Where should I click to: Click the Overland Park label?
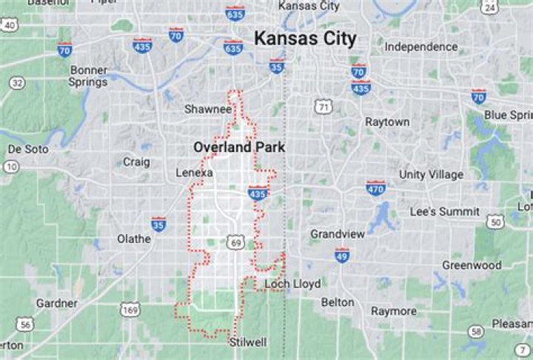pos(239,147)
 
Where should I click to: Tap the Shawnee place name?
pos(208,109)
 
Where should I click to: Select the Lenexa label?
pos(195,173)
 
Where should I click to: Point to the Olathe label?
pos(134,239)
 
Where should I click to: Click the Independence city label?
pos(420,47)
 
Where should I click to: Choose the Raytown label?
pos(387,121)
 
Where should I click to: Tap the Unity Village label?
pos(431,174)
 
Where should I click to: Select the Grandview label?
pos(338,234)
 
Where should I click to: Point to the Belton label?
pos(338,302)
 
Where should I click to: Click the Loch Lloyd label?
pos(293,284)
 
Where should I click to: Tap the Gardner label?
pos(57,303)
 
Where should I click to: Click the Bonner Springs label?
pos(89,76)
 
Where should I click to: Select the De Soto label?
pos(28,149)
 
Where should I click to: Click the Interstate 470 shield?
pos(376,187)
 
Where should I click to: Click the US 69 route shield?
pos(236,242)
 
